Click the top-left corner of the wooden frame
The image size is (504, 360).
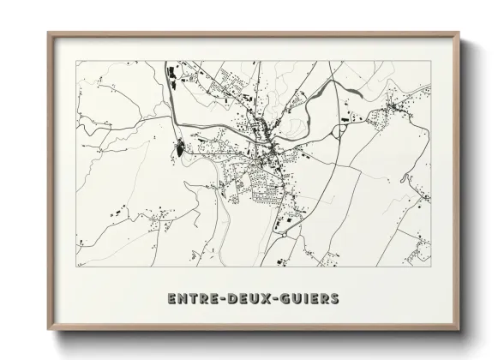[x=49, y=33]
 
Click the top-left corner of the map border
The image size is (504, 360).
[x=76, y=61]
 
